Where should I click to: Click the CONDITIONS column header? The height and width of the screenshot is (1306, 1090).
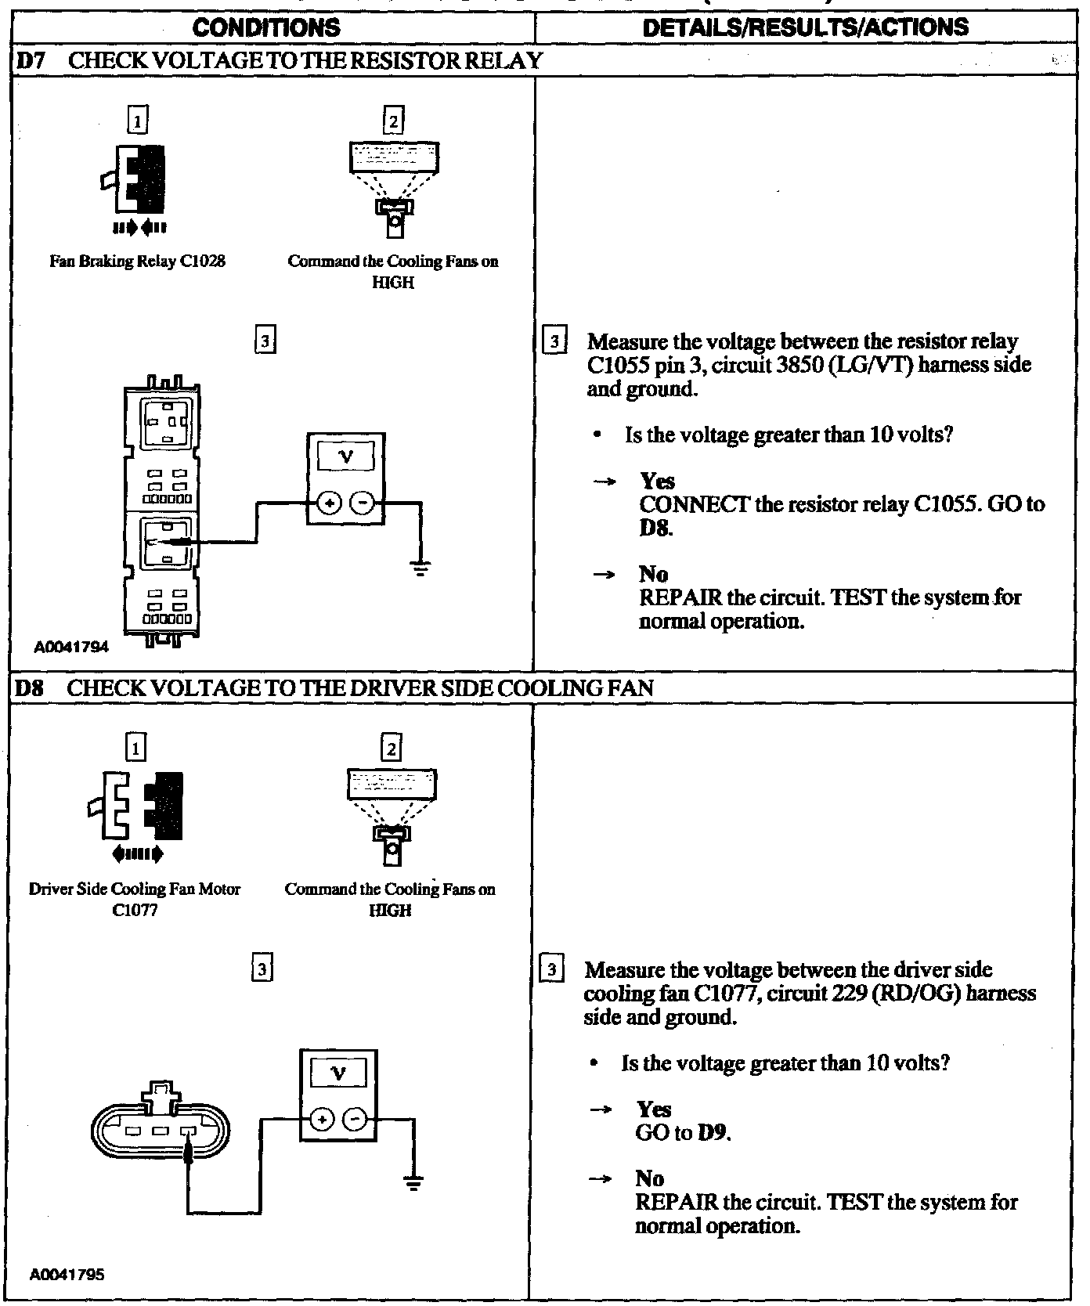[266, 29]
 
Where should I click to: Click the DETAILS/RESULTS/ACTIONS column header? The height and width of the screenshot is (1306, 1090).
[805, 27]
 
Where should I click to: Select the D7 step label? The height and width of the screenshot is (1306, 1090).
[30, 60]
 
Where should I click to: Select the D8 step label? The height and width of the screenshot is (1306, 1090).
[30, 688]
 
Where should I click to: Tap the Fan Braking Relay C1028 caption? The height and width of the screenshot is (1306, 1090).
[137, 262]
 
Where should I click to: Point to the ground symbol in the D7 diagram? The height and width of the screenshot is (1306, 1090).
[421, 568]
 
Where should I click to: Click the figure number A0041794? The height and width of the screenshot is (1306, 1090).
[71, 648]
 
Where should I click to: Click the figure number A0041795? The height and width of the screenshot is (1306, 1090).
[67, 1274]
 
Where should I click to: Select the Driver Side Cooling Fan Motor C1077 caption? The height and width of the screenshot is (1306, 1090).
[135, 900]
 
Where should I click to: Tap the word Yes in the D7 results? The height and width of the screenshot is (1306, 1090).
[657, 481]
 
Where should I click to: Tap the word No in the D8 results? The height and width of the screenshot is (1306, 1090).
[650, 1179]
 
